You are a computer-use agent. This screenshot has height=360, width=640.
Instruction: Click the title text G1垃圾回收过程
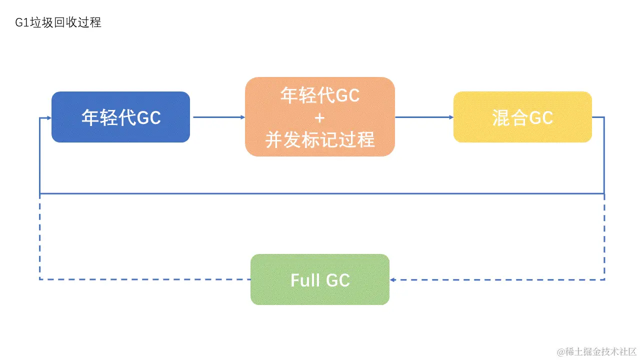click(x=58, y=22)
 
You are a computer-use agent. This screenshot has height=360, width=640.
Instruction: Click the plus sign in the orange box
click(x=320, y=117)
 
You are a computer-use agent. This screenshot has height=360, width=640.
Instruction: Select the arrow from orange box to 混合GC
click(x=424, y=117)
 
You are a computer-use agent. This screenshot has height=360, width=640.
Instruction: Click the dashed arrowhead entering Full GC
click(x=393, y=279)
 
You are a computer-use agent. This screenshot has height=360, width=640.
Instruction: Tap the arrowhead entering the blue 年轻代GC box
click(x=48, y=118)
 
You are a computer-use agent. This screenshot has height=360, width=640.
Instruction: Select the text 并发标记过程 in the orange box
click(x=320, y=140)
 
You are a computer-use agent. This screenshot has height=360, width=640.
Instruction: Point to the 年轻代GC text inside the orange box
click(x=320, y=95)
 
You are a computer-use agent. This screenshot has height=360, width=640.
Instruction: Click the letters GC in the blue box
click(x=148, y=118)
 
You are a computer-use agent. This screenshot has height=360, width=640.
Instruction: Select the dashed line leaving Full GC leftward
click(x=145, y=279)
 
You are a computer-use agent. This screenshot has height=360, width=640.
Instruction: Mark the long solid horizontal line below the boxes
click(x=320, y=193)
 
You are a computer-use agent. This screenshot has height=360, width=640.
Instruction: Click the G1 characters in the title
click(x=22, y=22)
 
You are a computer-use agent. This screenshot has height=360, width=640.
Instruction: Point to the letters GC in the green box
click(x=338, y=280)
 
